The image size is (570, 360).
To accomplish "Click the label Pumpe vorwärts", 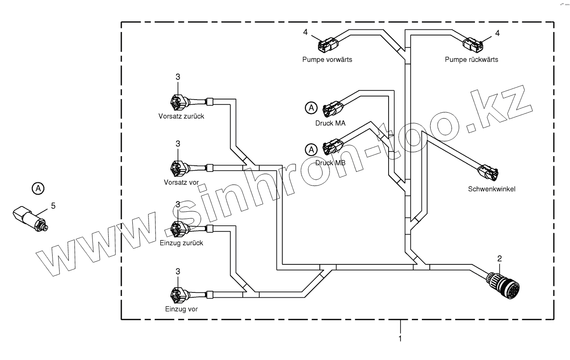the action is click(327, 60).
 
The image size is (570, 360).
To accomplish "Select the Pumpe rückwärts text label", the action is click(471, 60).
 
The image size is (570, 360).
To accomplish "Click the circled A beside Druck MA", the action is click(311, 107).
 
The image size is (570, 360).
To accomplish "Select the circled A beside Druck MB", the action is click(311, 150).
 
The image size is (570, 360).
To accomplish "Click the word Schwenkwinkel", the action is click(491, 189).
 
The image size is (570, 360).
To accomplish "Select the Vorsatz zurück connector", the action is click(179, 103).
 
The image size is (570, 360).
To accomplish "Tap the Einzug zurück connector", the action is click(178, 229).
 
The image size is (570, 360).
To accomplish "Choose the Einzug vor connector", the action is click(178, 295).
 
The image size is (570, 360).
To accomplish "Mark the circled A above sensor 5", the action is click(38, 189).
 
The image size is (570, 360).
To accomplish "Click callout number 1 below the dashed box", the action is click(400, 339).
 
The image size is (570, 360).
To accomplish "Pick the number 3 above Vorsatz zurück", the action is click(178, 77).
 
